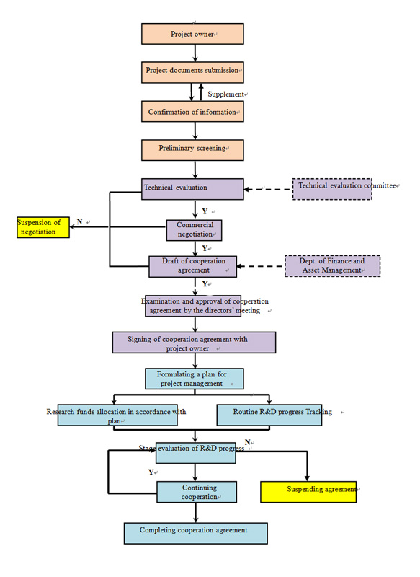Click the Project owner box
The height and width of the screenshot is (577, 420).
[x=192, y=34]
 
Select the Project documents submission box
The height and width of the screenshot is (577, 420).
[x=192, y=72]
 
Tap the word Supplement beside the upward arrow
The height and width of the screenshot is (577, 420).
[x=225, y=94]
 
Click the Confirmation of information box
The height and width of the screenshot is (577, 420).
[x=192, y=112]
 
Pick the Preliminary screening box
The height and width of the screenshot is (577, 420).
[x=192, y=150]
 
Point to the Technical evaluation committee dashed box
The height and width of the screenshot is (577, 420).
[x=332, y=189]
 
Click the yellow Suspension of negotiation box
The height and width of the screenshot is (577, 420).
[x=43, y=227]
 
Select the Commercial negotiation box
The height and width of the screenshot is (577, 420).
[x=194, y=230]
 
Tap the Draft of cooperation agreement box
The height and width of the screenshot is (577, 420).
[x=192, y=266]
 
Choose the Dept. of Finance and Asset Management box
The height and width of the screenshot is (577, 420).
[x=333, y=265]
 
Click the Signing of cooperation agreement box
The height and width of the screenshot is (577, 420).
[x=194, y=343]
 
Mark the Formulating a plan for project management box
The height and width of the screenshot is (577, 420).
[x=195, y=379]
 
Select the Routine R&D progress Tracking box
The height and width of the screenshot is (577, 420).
[x=269, y=415]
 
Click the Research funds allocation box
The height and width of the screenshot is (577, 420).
[x=117, y=415]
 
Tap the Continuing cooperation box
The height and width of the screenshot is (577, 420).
[x=197, y=492]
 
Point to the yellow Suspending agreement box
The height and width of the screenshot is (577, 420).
[x=308, y=492]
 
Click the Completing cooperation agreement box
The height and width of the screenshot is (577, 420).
[x=195, y=533]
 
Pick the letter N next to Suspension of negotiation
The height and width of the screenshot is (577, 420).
[x=79, y=221]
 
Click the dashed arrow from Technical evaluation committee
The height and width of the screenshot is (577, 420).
[x=268, y=189]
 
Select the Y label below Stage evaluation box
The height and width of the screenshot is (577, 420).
[x=151, y=472]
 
